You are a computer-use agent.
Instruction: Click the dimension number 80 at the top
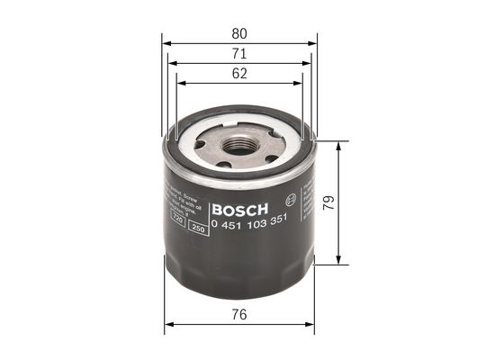point(239,33)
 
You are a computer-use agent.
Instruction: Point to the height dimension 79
point(356,203)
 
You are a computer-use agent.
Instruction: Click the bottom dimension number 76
point(239,315)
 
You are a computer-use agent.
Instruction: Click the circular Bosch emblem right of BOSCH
point(289,200)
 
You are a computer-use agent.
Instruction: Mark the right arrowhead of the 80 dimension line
point(314,42)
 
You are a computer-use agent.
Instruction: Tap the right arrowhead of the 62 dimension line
point(300,84)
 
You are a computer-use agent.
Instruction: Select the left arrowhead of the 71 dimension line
point(173,64)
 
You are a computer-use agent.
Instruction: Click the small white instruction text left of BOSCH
point(178,199)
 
